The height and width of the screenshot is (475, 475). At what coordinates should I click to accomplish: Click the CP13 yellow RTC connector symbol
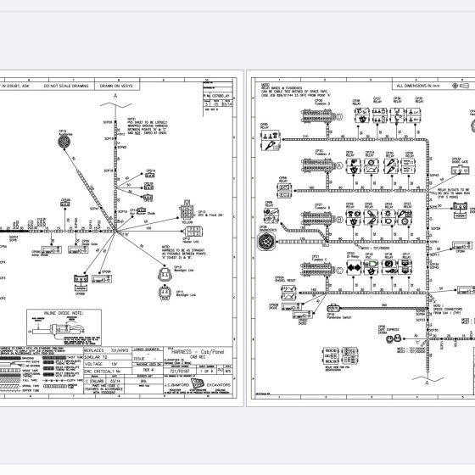(186, 211)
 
